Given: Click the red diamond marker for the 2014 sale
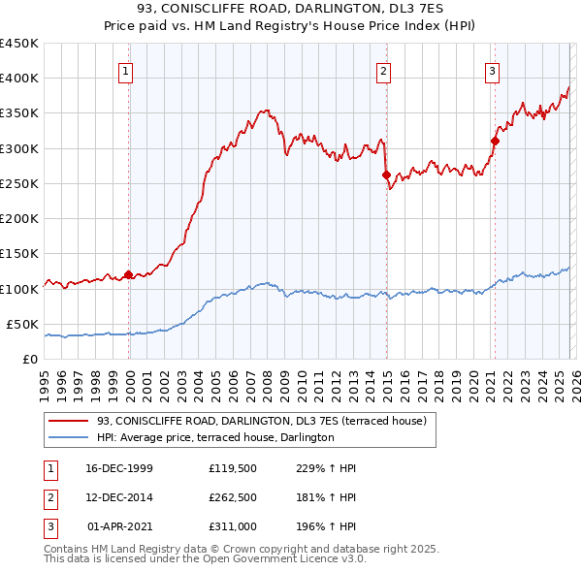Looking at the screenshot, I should tap(386, 175).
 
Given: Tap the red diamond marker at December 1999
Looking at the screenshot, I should tap(128, 274).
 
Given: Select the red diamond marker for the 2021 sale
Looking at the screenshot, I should tap(495, 141).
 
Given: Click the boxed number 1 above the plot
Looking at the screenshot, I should tap(127, 70).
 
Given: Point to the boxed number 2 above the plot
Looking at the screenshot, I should tap(384, 70).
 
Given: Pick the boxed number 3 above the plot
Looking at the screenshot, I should tap(493, 70).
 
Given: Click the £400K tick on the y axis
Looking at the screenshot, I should tap(19, 79).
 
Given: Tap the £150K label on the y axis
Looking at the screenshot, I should tap(19, 254).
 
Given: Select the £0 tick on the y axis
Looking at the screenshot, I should tap(29, 359).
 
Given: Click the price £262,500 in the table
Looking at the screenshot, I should tap(232, 497).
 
